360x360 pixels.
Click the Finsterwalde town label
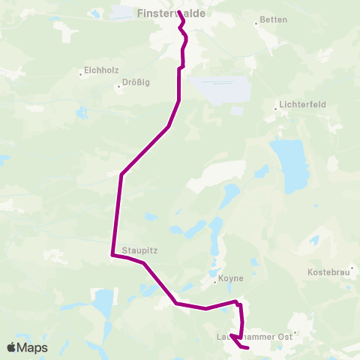point(172,13)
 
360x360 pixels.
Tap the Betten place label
point(272,20)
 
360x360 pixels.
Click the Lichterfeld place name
point(301,105)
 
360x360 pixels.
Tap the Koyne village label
point(230,279)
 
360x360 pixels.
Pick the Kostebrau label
point(329,271)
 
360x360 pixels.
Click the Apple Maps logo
point(27,348)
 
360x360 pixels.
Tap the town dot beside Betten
point(256,22)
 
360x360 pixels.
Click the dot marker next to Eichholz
point(81,73)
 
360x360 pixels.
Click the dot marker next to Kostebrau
point(351,267)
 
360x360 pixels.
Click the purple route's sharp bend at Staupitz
point(112,256)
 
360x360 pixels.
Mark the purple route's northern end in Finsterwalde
point(178,11)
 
